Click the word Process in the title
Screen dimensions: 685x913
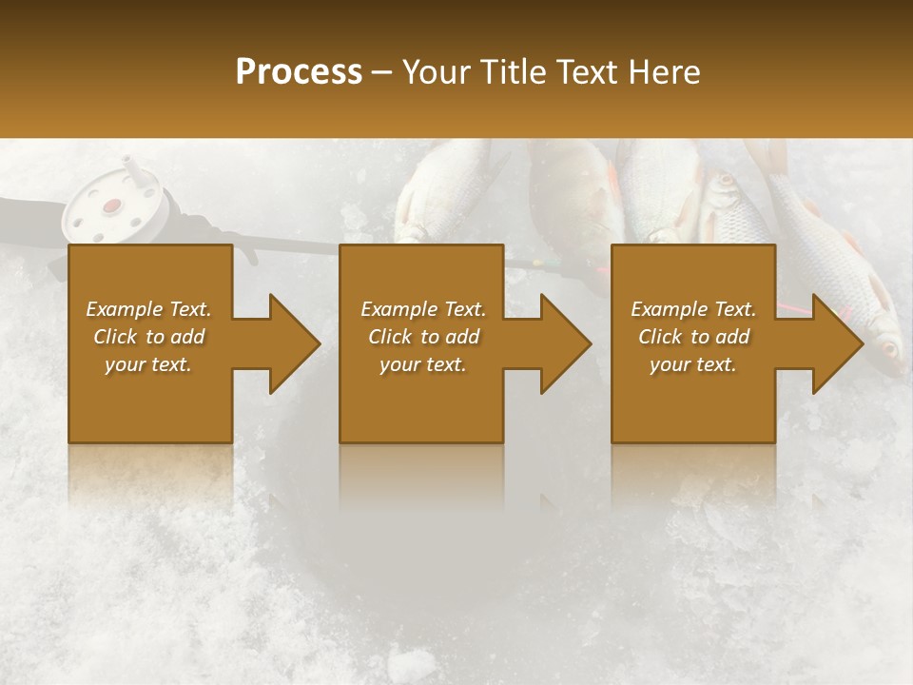click(x=299, y=72)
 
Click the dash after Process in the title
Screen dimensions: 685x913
click(x=382, y=73)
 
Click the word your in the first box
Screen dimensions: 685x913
click(x=124, y=364)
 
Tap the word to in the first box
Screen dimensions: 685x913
click(x=155, y=337)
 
